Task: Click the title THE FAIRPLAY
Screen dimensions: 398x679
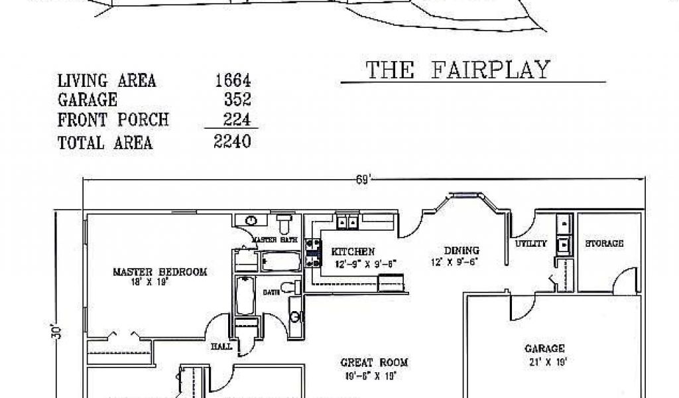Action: coord(458,70)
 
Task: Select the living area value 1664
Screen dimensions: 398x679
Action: coord(233,81)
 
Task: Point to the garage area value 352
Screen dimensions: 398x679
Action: coord(237,100)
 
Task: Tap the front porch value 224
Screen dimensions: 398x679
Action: coord(237,120)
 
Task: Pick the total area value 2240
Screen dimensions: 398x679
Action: coord(233,141)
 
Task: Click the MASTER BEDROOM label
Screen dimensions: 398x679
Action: coord(159,272)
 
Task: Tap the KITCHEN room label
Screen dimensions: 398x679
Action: coord(353,252)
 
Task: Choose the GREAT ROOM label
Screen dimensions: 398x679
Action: coord(374,363)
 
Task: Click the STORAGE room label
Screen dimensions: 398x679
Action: coord(603,244)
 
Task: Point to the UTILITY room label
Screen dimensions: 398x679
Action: coord(531,244)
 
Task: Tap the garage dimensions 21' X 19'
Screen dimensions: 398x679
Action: coord(544,362)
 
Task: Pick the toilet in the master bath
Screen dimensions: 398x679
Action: coord(284,220)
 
